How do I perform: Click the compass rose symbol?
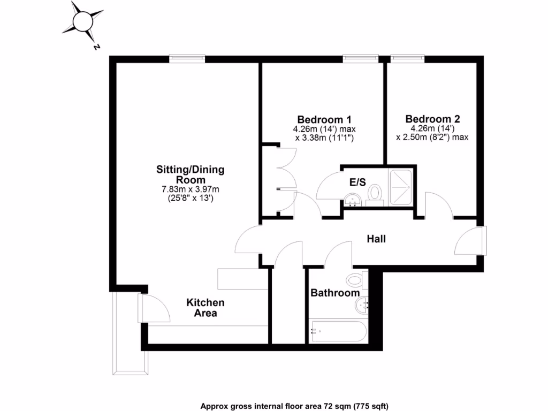(x=83, y=22)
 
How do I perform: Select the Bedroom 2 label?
(x=432, y=119)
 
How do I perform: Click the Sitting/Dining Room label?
(x=190, y=175)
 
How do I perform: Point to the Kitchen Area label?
(x=205, y=308)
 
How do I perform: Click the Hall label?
(x=376, y=239)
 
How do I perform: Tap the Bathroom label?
(x=335, y=293)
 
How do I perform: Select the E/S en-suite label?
(x=357, y=182)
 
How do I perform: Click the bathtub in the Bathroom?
(x=338, y=331)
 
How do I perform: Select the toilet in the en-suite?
(x=375, y=193)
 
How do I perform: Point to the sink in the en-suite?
(x=353, y=201)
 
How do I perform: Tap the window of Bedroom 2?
(x=408, y=58)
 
